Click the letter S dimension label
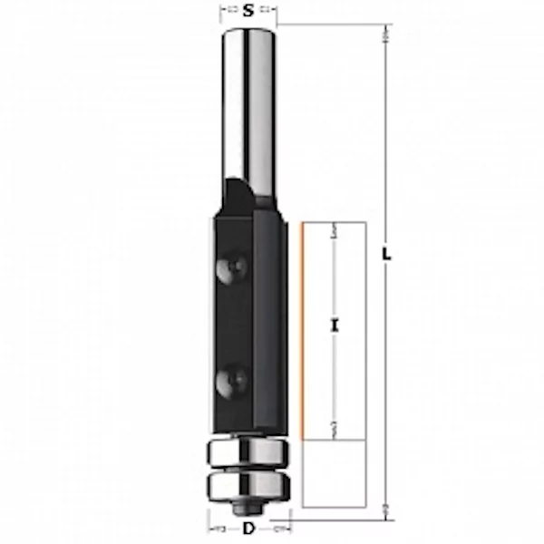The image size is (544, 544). click(x=248, y=10)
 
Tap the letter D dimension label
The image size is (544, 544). click(x=248, y=529)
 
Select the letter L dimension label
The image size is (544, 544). click(x=386, y=254)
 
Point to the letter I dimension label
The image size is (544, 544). click(x=334, y=325)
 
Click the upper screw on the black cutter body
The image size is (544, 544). click(x=231, y=267)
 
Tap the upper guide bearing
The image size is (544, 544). click(x=248, y=452)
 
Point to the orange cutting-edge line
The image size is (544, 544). click(x=303, y=331)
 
